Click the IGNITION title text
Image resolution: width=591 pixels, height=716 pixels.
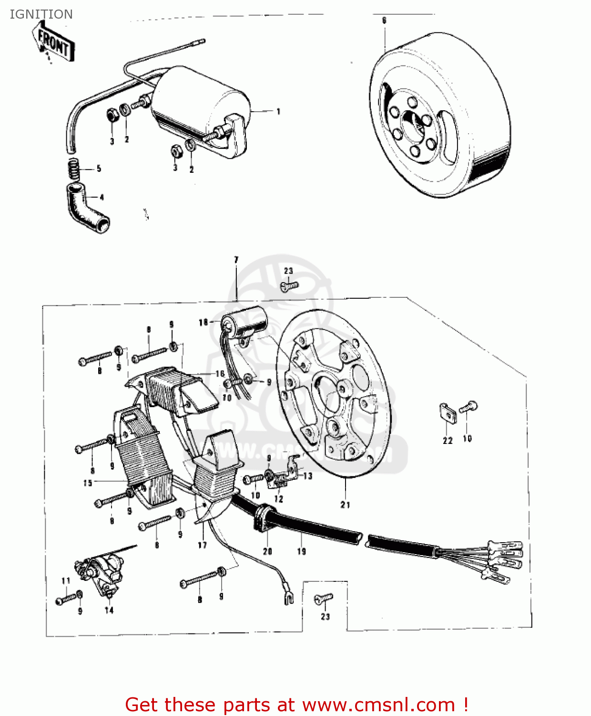point(41,14)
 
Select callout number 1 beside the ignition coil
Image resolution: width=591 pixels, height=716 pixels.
point(278,112)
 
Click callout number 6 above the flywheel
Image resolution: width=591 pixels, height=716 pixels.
point(384,21)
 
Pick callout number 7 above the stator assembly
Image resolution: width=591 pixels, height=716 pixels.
point(236,260)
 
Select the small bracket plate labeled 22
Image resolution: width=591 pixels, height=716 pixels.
point(448,412)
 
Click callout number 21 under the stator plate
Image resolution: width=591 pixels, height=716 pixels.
point(345,505)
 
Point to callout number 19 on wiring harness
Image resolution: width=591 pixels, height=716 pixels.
point(301,551)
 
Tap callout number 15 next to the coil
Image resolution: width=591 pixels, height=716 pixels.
point(88,483)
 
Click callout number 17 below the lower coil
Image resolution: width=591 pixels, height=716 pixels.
point(203,545)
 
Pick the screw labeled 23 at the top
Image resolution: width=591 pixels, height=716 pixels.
point(289,285)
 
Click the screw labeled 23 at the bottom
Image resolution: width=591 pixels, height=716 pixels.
point(323,599)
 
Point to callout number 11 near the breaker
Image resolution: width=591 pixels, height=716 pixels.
point(66,580)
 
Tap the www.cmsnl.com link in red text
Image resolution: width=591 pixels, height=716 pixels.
point(379,705)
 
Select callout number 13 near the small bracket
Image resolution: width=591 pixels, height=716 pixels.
point(308,476)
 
